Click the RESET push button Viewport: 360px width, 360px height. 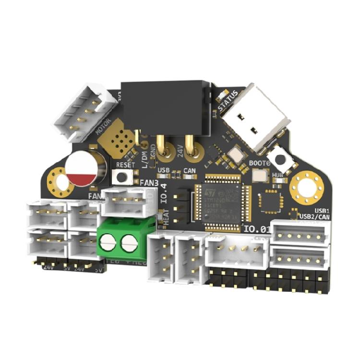point(123,176)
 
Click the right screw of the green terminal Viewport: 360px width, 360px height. point(129,244)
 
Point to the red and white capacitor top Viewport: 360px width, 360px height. point(83,169)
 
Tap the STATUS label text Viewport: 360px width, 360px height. point(228,100)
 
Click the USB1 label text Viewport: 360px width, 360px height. point(319,211)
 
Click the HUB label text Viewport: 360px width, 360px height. point(278,176)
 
